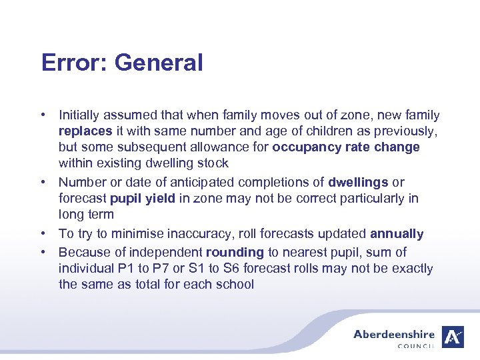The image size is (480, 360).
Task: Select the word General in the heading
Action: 158,63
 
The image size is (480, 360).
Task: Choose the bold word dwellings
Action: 358,182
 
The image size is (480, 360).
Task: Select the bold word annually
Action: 397,234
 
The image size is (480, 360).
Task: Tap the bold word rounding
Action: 235,253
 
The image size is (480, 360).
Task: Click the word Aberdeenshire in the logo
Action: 393,335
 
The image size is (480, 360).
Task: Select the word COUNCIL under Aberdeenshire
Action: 415,346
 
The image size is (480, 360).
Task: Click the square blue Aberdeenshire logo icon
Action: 453,337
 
